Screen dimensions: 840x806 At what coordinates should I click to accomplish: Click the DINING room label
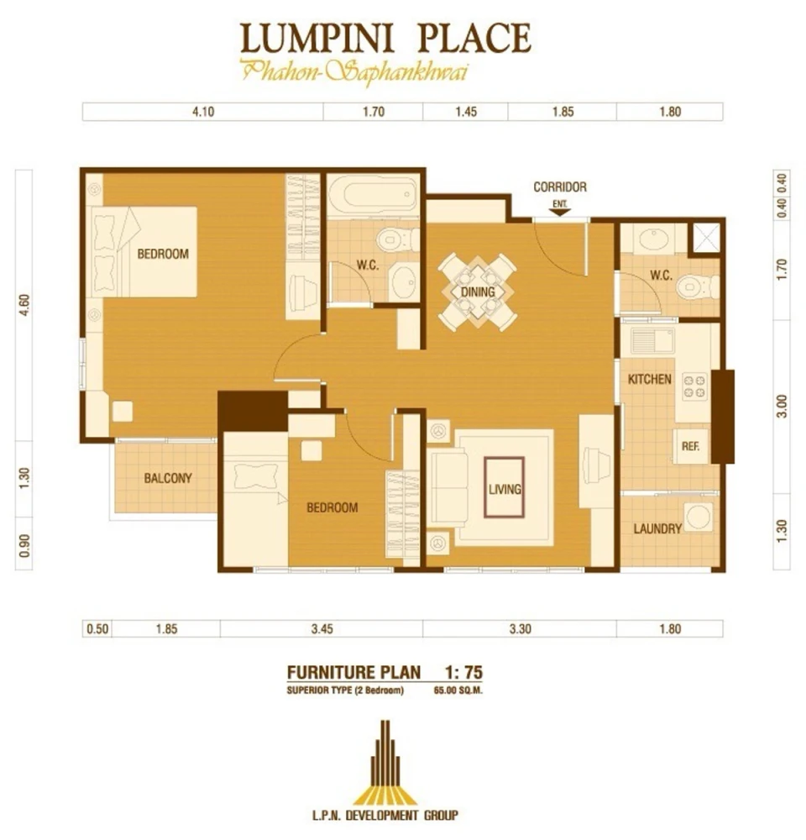(477, 292)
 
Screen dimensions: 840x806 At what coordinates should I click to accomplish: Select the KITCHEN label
(650, 379)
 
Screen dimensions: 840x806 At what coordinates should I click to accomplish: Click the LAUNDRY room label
(657, 529)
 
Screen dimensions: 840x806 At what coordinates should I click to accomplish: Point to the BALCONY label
(168, 478)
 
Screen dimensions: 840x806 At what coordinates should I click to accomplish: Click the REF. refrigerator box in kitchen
(692, 447)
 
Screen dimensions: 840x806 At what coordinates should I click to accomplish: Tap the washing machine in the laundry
(697, 517)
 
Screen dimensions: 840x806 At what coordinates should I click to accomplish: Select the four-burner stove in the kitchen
(694, 386)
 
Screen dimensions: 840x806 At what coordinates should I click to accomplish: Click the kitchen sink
(653, 340)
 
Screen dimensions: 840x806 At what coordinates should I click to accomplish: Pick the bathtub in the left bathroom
(373, 196)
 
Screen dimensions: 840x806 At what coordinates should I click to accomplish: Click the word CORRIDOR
(560, 187)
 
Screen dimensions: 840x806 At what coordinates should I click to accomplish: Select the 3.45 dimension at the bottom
(321, 628)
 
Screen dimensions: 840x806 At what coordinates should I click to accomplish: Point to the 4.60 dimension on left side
(24, 303)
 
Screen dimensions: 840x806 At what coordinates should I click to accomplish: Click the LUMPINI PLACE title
(385, 39)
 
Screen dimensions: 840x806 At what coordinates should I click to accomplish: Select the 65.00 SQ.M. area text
(459, 690)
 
